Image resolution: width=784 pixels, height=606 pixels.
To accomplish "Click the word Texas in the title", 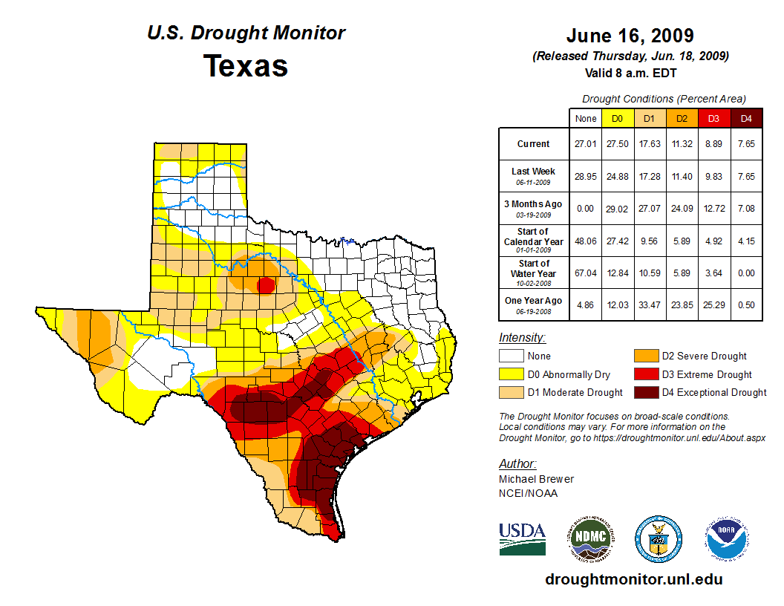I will click(x=246, y=65).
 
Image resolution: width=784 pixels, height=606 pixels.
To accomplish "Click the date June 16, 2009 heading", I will click(x=630, y=36).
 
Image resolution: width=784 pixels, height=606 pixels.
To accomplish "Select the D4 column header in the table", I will click(x=746, y=118).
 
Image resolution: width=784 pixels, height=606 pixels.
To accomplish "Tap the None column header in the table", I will click(x=585, y=118).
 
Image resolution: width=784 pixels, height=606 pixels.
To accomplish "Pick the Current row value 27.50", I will click(x=617, y=144).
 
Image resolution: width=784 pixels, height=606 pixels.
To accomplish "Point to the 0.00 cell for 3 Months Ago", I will click(x=585, y=209).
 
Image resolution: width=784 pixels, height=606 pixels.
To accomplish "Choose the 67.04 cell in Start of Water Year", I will click(x=585, y=273).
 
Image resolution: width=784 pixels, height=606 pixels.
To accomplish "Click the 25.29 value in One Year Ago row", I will click(x=714, y=304).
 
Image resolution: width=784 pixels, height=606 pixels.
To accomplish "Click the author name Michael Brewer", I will click(x=536, y=479).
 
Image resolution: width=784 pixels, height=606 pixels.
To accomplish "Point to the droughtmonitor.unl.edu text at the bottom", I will click(x=633, y=579).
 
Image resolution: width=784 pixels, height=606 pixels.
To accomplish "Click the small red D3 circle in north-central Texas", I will click(x=265, y=285).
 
